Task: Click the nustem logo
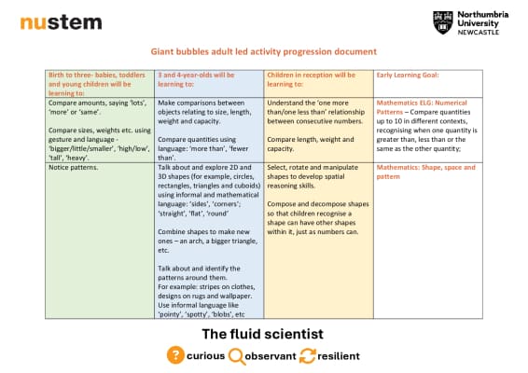click(x=61, y=22)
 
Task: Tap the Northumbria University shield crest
click(x=442, y=22)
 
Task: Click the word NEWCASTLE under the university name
click(x=479, y=33)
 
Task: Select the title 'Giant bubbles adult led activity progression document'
click(x=263, y=51)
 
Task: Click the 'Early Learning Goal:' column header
click(x=408, y=76)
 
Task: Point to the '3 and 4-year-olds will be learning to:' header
click(x=196, y=79)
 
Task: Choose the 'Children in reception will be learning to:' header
click(x=312, y=79)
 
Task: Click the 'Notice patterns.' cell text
click(x=74, y=167)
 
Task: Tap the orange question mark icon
click(x=175, y=355)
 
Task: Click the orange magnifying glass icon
click(x=237, y=356)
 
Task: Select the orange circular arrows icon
click(x=308, y=356)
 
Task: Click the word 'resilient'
click(x=339, y=356)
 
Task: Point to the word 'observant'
click(x=271, y=356)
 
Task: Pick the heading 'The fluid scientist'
click(x=263, y=334)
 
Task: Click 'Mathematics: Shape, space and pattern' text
click(x=425, y=172)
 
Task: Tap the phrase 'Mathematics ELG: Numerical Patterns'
click(x=422, y=107)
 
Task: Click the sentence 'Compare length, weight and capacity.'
click(x=311, y=145)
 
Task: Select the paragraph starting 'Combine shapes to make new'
click(x=207, y=241)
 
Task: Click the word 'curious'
click(x=205, y=356)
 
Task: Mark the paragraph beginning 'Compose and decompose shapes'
click(x=318, y=218)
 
